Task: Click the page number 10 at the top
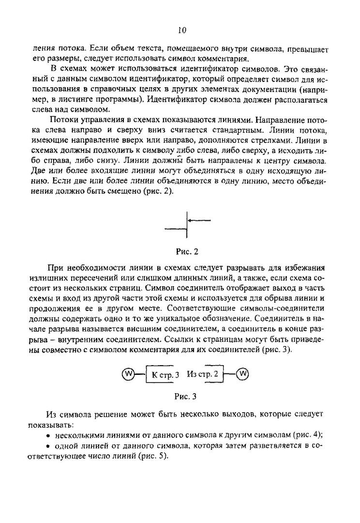point(181,30)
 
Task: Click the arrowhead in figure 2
point(191,220)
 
